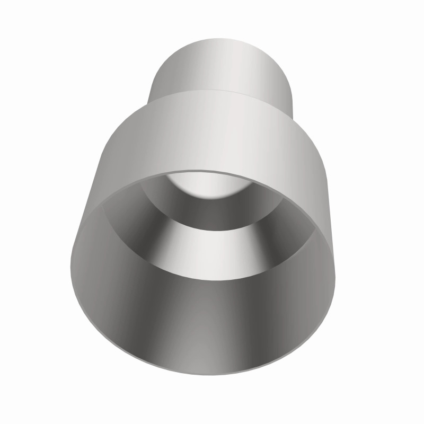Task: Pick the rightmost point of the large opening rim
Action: click(x=336, y=276)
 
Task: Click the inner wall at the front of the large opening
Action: click(x=201, y=329)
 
